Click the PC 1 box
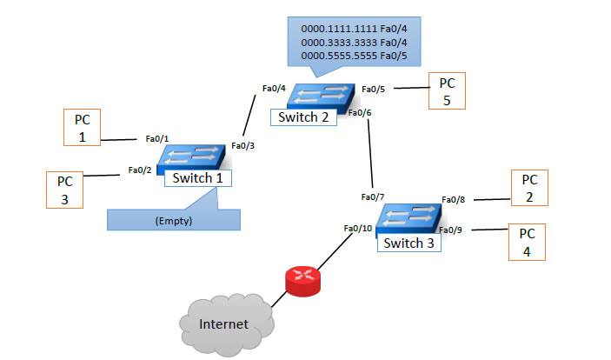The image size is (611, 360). click(x=83, y=127)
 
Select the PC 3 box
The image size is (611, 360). click(x=65, y=190)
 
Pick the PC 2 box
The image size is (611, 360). click(x=530, y=188)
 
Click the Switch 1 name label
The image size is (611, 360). click(x=198, y=177)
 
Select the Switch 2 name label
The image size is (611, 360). click(x=303, y=117)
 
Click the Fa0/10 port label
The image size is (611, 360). click(x=357, y=229)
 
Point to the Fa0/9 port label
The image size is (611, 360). click(x=451, y=230)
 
